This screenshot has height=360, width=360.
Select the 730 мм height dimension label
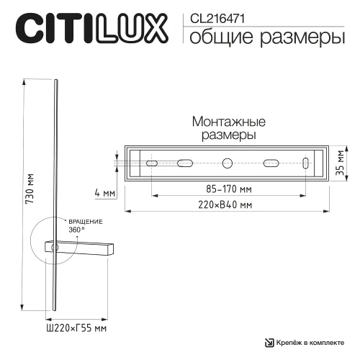[30, 192]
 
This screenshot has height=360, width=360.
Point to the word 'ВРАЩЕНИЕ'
[85, 221]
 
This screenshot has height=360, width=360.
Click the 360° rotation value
[76, 229]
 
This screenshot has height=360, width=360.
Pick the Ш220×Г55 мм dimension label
[76, 328]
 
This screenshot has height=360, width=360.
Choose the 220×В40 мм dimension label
[227, 204]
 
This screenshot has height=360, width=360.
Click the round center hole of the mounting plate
[228, 163]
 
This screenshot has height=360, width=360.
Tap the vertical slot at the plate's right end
[306, 163]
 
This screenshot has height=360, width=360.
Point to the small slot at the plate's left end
[152, 163]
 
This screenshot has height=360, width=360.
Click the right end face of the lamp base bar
[112, 247]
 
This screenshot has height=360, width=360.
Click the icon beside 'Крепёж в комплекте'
[270, 343]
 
